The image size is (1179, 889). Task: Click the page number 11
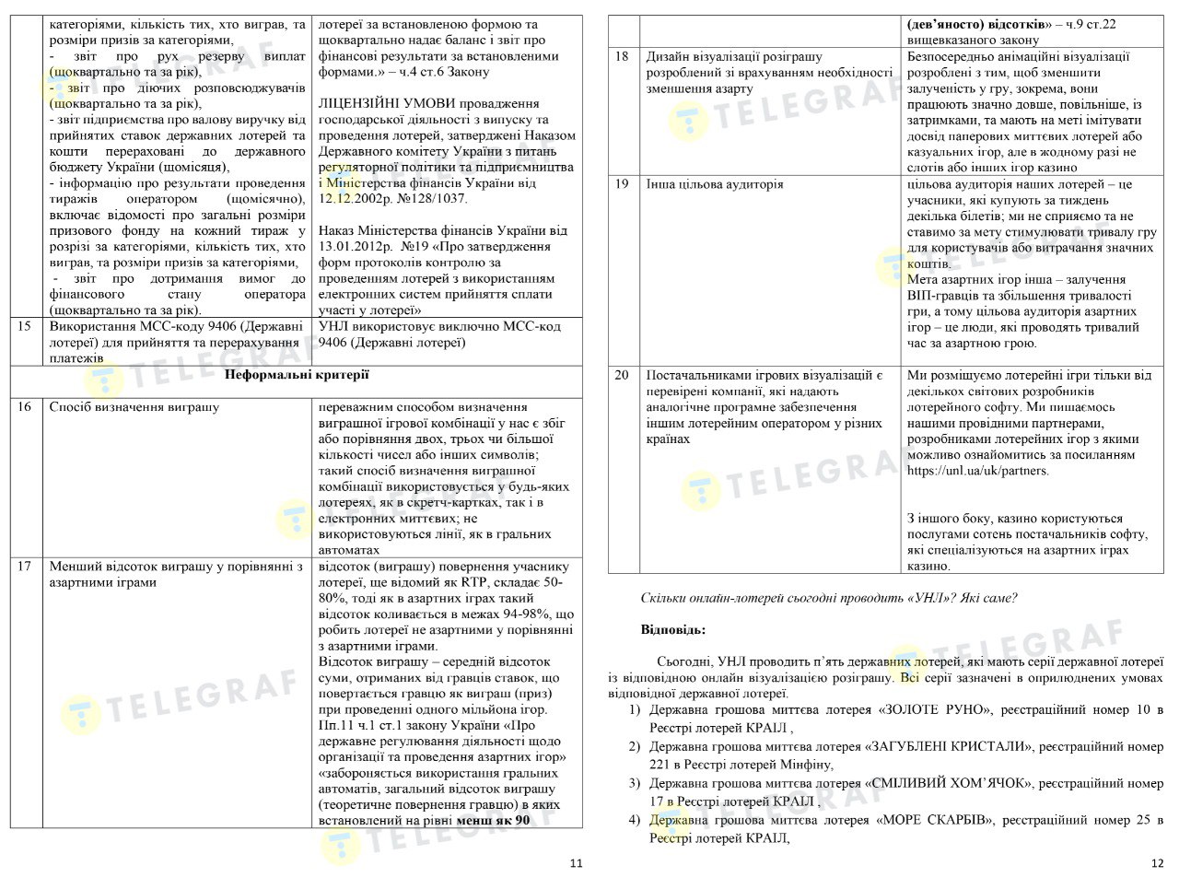coord(576,863)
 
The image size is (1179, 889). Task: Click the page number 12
coord(1158,863)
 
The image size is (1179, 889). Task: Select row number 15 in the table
coord(25,326)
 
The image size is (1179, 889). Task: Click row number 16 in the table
coord(25,407)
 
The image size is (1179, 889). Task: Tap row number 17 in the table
coord(25,566)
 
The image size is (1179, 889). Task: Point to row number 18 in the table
coord(622,57)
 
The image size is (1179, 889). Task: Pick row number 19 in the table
coord(622,184)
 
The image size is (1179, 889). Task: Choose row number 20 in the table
coord(622,376)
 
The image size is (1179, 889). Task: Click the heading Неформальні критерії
coord(297,374)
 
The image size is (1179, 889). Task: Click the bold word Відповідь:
coord(673,629)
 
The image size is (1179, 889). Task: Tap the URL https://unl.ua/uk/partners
coord(977,471)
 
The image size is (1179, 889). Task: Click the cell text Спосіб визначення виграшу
coord(134,407)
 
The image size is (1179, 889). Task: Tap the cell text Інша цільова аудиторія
coord(715,184)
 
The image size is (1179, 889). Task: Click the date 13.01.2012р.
coord(355,246)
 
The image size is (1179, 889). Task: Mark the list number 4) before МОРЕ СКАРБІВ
coord(635,820)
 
